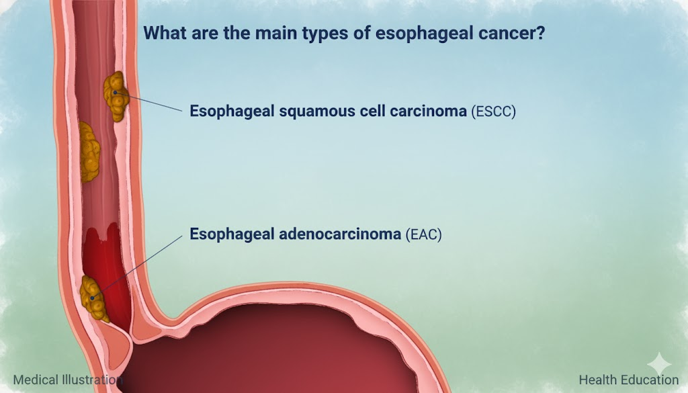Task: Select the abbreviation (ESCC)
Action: coord(493,112)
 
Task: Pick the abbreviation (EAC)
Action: coord(423,234)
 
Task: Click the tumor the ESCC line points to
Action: coord(116,96)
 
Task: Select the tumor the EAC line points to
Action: coord(94,299)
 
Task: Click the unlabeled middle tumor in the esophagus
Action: coord(89,152)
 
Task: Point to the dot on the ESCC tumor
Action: coord(115,93)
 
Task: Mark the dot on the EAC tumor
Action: coord(92,298)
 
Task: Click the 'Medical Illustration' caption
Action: coord(68,380)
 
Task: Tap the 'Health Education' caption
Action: coord(629,380)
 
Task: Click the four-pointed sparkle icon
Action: coord(659,364)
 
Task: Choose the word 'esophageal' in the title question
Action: coord(423,34)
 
